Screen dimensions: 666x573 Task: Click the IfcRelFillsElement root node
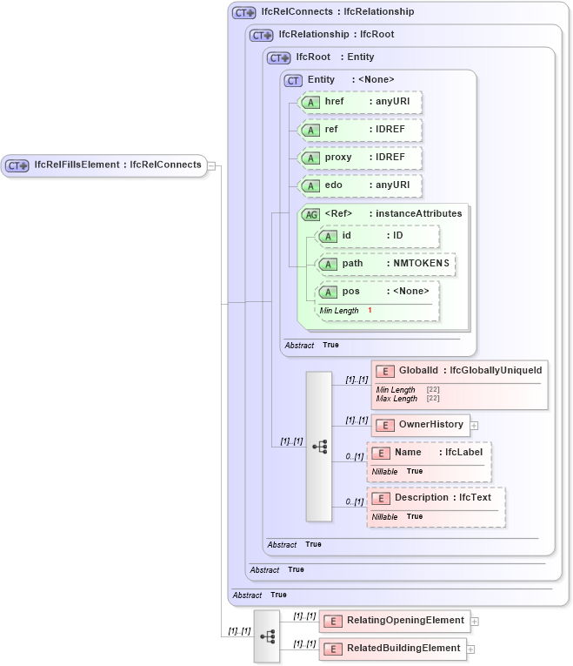coord(104,165)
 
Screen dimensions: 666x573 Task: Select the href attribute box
coord(359,102)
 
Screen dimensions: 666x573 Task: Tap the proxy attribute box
coord(359,158)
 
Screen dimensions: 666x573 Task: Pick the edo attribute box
coord(359,185)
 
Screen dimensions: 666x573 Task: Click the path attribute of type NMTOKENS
coord(385,264)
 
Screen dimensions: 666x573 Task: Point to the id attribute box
coord(377,236)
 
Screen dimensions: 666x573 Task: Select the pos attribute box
coord(377,292)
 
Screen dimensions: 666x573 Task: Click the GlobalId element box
coord(459,371)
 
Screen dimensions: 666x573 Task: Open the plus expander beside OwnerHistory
coord(475,426)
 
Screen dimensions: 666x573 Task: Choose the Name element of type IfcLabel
coord(430,453)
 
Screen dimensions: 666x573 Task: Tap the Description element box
coord(436,498)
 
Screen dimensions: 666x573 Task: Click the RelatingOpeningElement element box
coord(396,621)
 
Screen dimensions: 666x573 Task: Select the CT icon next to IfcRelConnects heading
coord(243,12)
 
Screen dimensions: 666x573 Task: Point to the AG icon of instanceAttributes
coord(310,214)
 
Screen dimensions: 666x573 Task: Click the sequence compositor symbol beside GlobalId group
coord(319,447)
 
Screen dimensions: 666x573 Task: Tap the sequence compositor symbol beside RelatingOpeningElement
coord(267,636)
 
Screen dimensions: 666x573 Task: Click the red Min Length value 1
coord(370,310)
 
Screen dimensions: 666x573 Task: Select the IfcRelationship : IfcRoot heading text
coord(336,35)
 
